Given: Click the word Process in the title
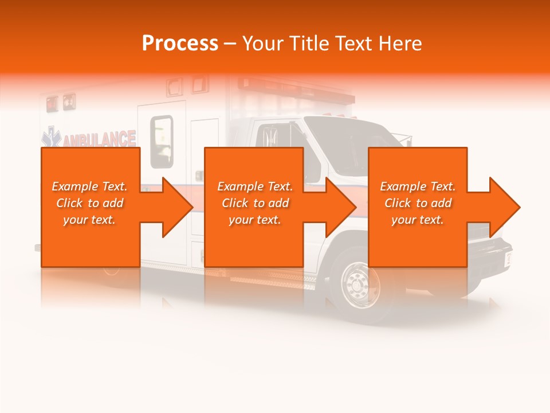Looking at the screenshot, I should point(180,44).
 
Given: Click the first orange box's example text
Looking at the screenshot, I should point(89,203).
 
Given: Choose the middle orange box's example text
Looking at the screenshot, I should point(255,203).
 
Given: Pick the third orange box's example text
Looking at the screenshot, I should point(418,203).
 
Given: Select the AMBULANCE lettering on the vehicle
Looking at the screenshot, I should point(100,139).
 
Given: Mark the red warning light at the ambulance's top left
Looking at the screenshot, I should point(52,103).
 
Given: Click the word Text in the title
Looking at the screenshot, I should point(356,44).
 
